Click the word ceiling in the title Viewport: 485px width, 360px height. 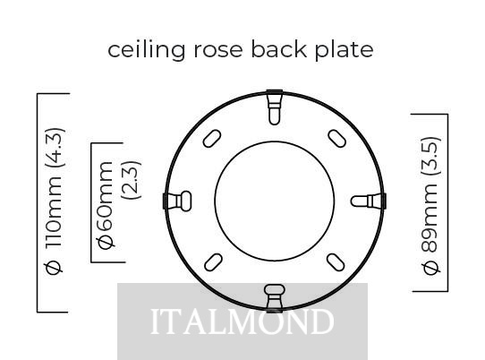point(146,50)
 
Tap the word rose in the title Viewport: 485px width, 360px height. point(218,51)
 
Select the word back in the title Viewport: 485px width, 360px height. point(278,49)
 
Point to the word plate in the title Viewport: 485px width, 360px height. point(344,50)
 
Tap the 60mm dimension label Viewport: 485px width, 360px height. point(106,196)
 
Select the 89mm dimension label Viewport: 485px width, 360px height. point(430,218)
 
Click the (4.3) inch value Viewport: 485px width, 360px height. point(55,148)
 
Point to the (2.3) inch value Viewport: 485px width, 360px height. point(132,180)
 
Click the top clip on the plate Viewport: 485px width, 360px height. point(275,107)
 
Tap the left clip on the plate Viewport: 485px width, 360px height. point(177,201)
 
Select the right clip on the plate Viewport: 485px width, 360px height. point(369,201)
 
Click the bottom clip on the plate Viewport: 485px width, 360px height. point(275,298)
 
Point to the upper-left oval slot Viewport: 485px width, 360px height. point(212,139)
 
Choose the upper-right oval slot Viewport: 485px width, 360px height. point(336,139)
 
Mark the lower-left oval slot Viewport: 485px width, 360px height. point(214,262)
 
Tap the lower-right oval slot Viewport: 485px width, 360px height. point(336,262)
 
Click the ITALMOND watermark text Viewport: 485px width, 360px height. point(242,321)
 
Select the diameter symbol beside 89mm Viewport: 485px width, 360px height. point(431,268)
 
